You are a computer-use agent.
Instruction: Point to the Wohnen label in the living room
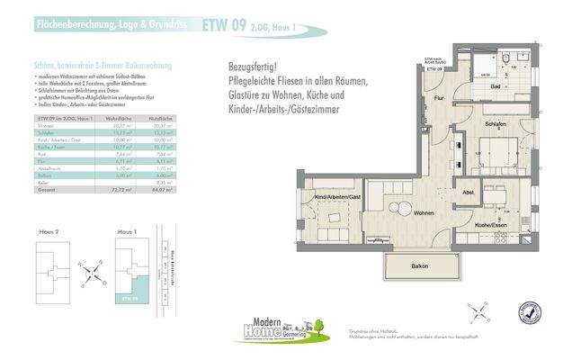click(425, 212)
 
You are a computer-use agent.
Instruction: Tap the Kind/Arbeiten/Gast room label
click(336, 196)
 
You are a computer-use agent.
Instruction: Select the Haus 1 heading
click(128, 232)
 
